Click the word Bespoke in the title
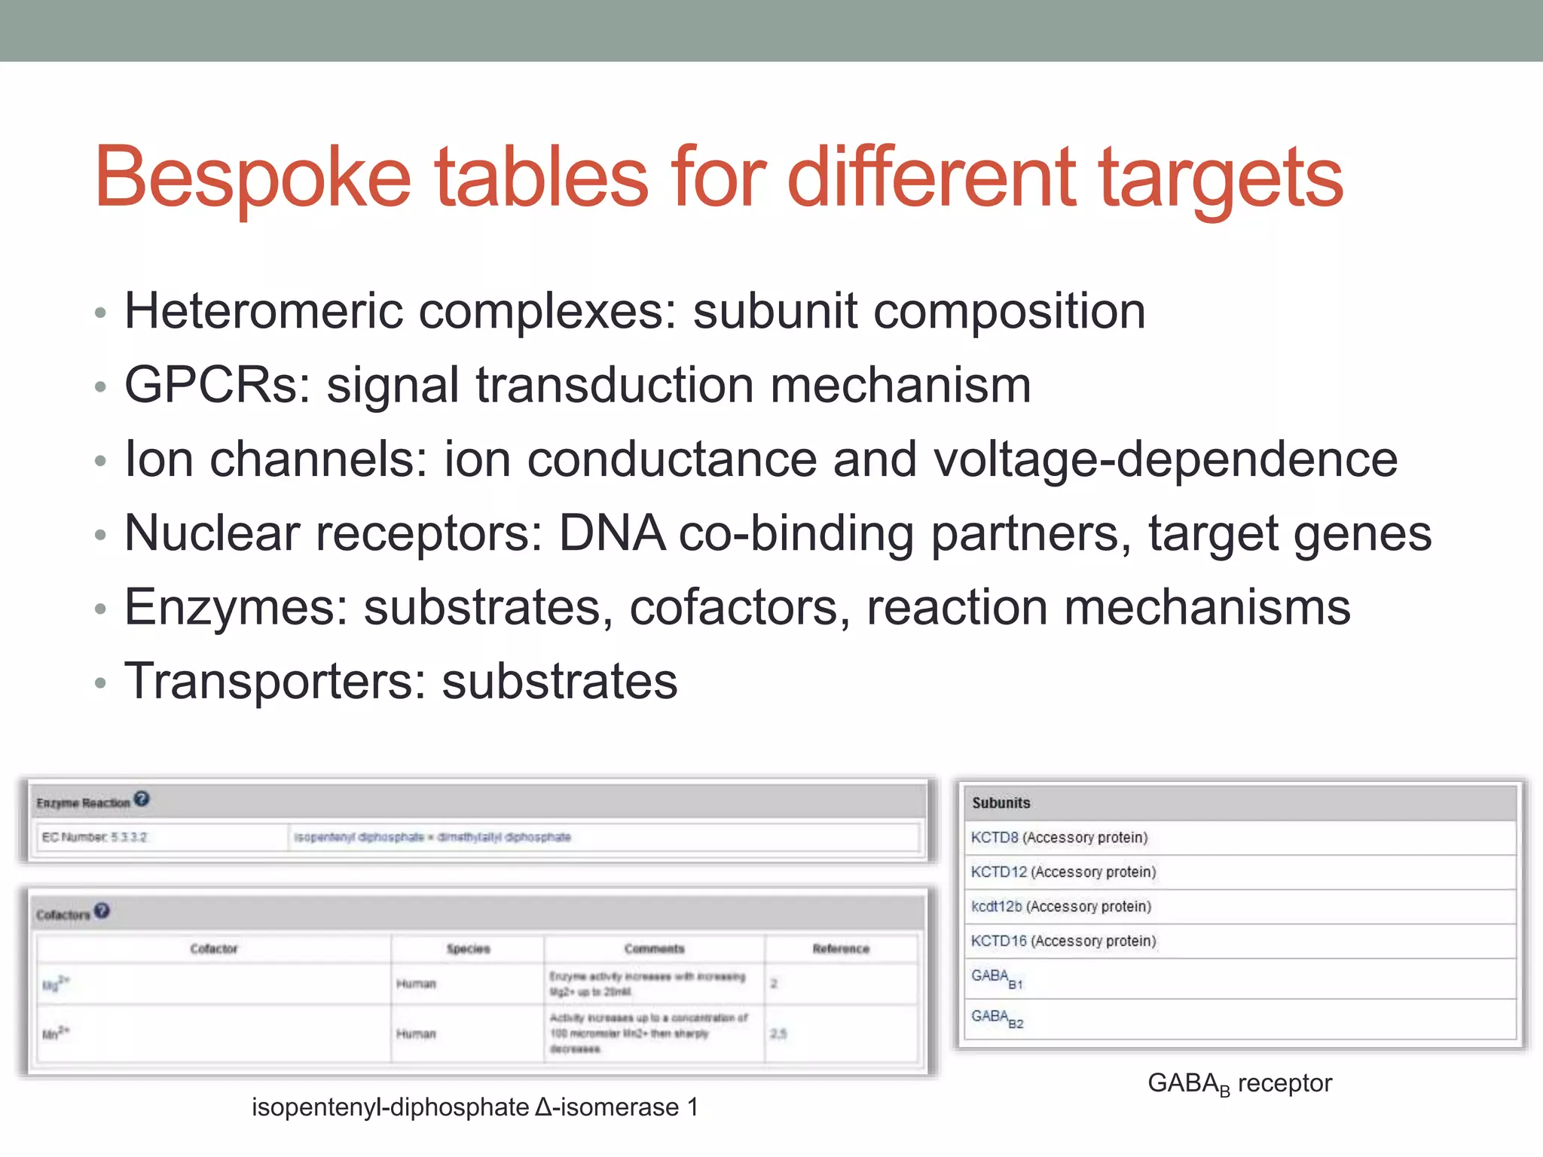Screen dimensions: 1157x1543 point(252,178)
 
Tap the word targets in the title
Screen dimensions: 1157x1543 point(1221,178)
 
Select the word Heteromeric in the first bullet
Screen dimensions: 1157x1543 point(264,311)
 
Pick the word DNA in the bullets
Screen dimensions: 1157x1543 point(612,533)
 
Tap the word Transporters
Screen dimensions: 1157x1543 point(275,681)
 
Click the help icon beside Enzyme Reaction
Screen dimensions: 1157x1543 point(142,799)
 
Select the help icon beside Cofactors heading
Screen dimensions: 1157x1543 point(102,911)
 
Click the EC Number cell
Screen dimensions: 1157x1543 point(95,837)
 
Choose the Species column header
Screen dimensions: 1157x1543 point(468,949)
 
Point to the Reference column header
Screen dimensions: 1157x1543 point(841,949)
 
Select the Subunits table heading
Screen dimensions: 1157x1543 point(1001,803)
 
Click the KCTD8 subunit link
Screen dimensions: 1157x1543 point(995,838)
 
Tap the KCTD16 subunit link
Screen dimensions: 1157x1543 point(998,941)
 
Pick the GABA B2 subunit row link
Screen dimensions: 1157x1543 point(997,1018)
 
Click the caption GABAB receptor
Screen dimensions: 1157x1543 point(1239,1083)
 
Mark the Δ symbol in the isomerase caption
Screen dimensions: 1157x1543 point(544,1107)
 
